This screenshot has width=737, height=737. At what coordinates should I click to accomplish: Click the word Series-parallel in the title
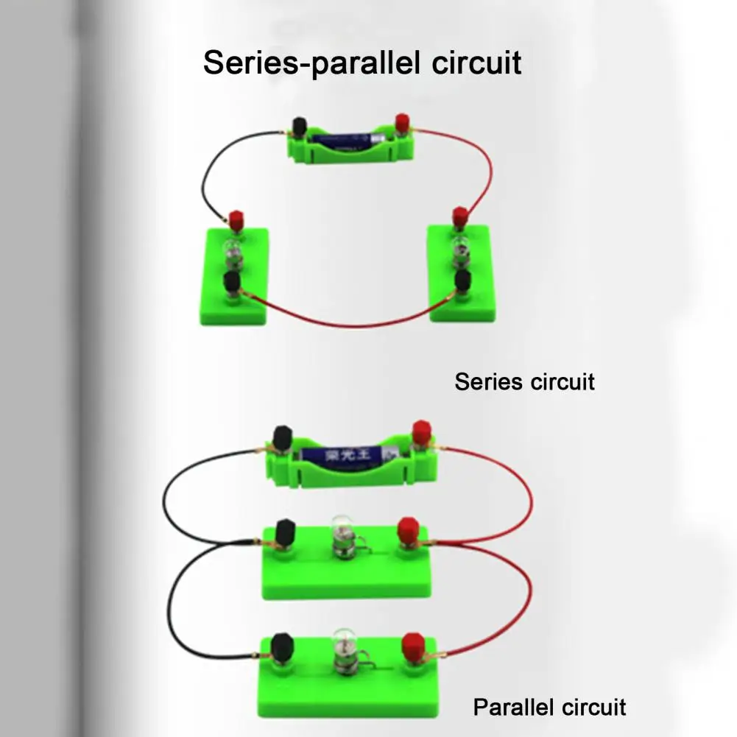(311, 63)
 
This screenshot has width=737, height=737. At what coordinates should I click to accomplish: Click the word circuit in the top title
(476, 63)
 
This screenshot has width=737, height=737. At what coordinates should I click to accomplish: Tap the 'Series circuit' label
(524, 381)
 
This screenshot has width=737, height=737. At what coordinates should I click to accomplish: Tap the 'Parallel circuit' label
(549, 707)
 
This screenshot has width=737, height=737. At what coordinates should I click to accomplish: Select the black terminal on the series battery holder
(299, 127)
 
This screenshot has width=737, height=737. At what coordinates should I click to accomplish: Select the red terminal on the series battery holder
(402, 124)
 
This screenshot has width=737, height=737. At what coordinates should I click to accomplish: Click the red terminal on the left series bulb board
(236, 220)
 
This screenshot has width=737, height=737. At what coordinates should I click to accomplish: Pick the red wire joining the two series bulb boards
(348, 324)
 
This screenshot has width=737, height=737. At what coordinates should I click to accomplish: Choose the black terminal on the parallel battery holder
(282, 438)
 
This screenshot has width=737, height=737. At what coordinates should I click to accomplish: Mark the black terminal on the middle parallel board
(285, 532)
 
